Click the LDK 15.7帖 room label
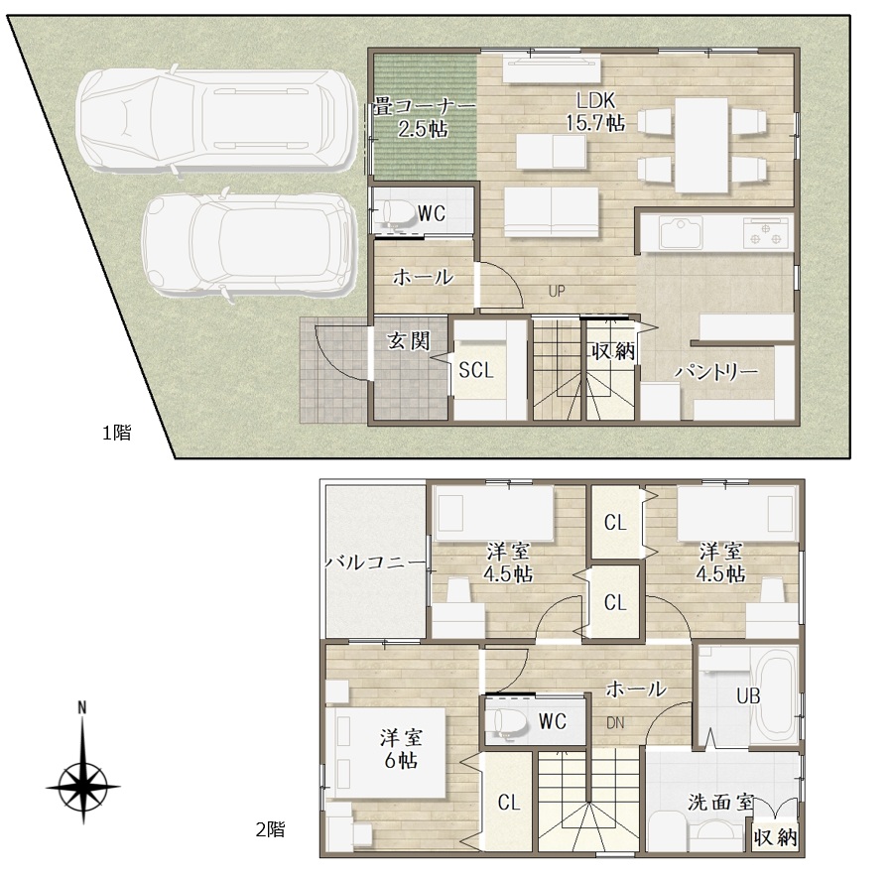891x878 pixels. pyautogui.click(x=595, y=111)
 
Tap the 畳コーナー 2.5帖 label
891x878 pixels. pyautogui.click(x=424, y=118)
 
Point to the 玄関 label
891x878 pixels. pyautogui.click(x=409, y=341)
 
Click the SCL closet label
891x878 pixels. pyautogui.click(x=476, y=370)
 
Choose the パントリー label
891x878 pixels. pyautogui.click(x=716, y=372)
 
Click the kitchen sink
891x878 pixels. pyautogui.click(x=681, y=232)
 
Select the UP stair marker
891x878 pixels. pyautogui.click(x=557, y=291)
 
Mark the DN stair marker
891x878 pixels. pyautogui.click(x=615, y=723)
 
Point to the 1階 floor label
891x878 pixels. pyautogui.click(x=116, y=433)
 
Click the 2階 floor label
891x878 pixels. pyautogui.click(x=270, y=829)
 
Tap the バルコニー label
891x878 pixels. pyautogui.click(x=375, y=563)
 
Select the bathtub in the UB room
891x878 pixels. pyautogui.click(x=775, y=696)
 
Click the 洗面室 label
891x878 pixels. pyautogui.click(x=720, y=803)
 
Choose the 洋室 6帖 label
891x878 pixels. pyautogui.click(x=401, y=749)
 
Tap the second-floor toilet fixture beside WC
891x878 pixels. pyautogui.click(x=507, y=721)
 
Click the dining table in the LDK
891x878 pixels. pyautogui.click(x=701, y=145)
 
